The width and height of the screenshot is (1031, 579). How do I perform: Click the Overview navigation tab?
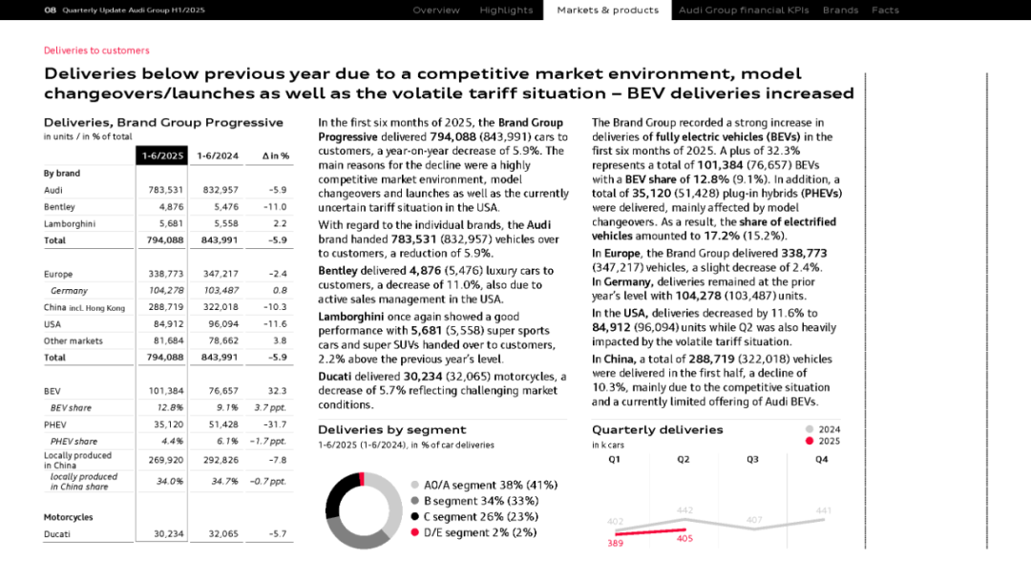(x=436, y=10)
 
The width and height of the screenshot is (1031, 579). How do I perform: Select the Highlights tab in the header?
(x=506, y=10)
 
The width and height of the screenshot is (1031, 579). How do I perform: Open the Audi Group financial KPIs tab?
(x=744, y=10)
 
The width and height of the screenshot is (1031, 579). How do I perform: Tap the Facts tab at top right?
(x=885, y=10)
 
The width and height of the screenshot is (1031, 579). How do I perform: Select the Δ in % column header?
(x=275, y=155)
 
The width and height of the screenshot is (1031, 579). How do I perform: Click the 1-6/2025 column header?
(x=162, y=155)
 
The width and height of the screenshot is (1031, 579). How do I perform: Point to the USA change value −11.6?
(x=278, y=323)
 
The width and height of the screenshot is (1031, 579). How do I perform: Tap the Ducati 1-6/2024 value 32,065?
(x=221, y=534)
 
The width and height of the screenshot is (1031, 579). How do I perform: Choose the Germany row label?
(x=69, y=291)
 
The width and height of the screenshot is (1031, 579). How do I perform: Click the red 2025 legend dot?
(x=810, y=442)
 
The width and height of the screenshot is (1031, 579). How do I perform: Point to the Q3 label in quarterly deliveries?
(x=753, y=460)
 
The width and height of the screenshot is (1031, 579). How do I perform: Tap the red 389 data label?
(x=616, y=543)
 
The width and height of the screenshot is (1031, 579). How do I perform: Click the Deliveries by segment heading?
(x=391, y=429)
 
